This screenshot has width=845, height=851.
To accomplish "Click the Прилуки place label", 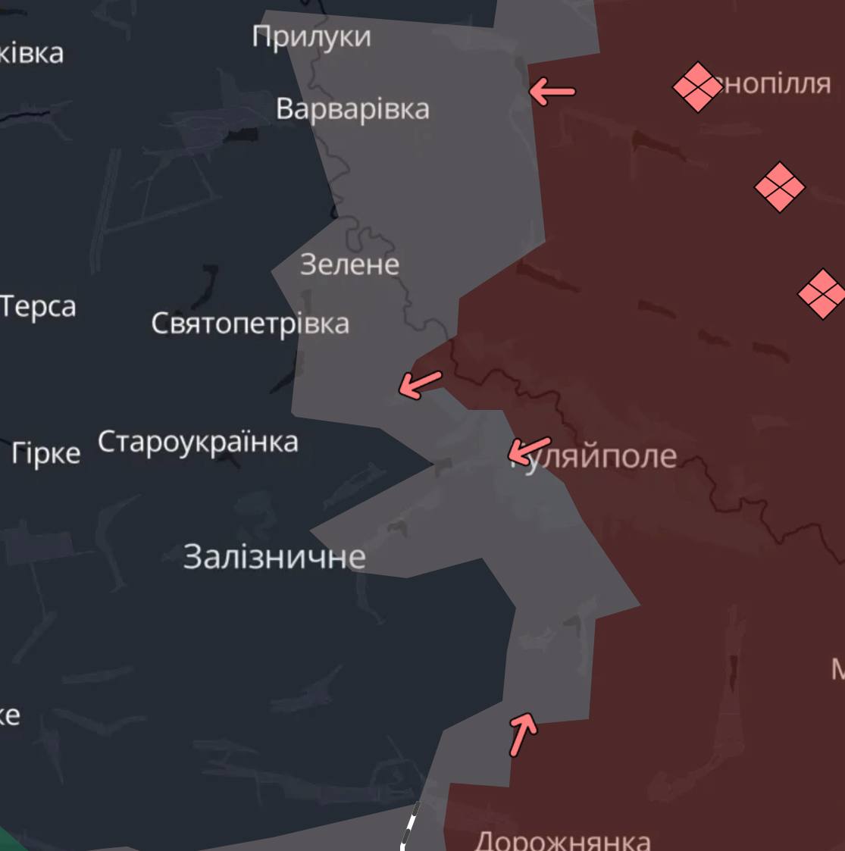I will (x=311, y=36).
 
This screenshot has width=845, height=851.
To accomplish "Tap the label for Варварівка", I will (x=352, y=108).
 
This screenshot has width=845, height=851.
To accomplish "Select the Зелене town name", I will (x=349, y=264).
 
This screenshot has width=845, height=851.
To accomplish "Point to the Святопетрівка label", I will (x=250, y=324).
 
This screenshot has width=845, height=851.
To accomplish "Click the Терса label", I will (x=38, y=307).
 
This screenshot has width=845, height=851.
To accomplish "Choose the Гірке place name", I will (x=46, y=453).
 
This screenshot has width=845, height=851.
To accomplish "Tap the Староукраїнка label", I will (x=198, y=442).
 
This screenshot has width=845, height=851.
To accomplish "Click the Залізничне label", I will (x=274, y=557).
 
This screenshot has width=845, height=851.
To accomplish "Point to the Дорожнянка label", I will (x=562, y=840).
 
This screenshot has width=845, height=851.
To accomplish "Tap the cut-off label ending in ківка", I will (x=32, y=53).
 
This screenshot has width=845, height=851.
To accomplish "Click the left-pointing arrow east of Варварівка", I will (x=552, y=92).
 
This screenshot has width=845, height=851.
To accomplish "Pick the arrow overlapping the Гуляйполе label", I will (x=529, y=450).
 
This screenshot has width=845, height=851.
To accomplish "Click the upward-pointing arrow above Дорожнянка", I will (x=523, y=733).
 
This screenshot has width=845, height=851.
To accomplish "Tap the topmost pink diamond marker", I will (x=697, y=87).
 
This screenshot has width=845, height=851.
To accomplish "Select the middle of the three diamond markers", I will (x=780, y=187).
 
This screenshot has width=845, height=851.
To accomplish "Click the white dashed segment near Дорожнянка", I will (x=409, y=826).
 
